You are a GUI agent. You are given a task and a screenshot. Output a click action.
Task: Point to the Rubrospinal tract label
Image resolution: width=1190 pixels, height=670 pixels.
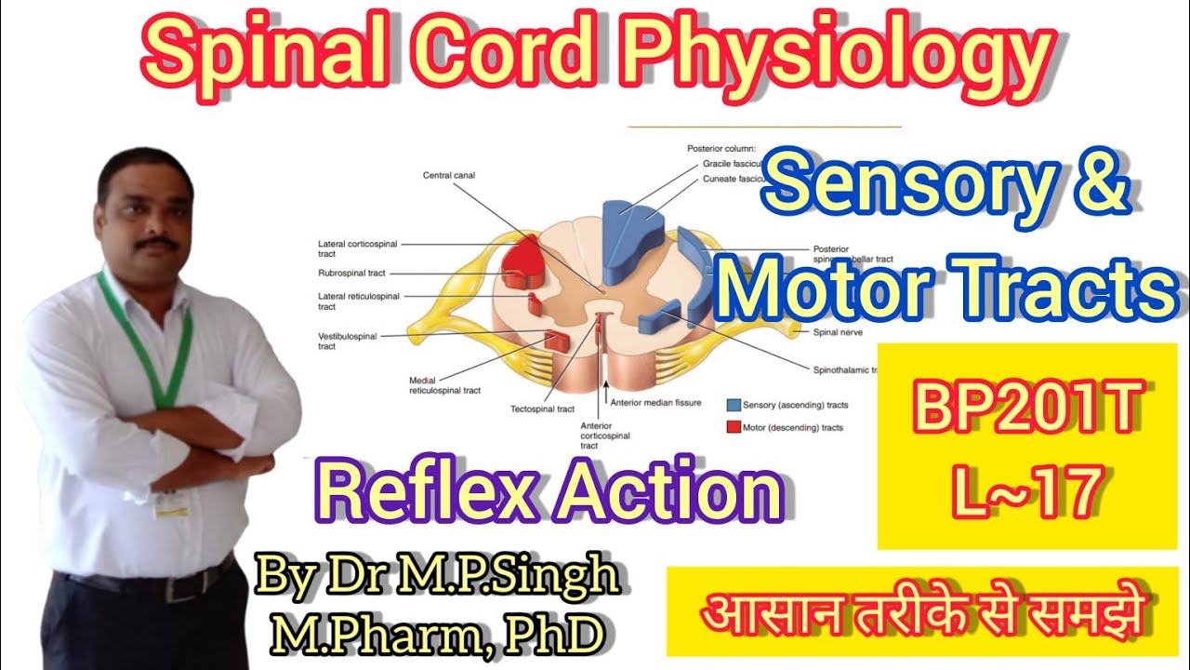(353, 274)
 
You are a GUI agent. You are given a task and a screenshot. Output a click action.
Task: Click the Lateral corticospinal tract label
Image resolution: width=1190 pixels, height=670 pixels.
(357, 248)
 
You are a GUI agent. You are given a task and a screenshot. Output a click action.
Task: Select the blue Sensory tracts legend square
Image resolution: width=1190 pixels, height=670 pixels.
(734, 405)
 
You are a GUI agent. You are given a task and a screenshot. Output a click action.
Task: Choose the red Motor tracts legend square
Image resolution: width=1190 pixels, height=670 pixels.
(734, 427)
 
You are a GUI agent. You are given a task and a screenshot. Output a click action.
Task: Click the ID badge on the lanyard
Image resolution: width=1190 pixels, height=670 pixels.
(171, 503)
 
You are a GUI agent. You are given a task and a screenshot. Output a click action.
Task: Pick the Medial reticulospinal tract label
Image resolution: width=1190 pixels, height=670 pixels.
(444, 385)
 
